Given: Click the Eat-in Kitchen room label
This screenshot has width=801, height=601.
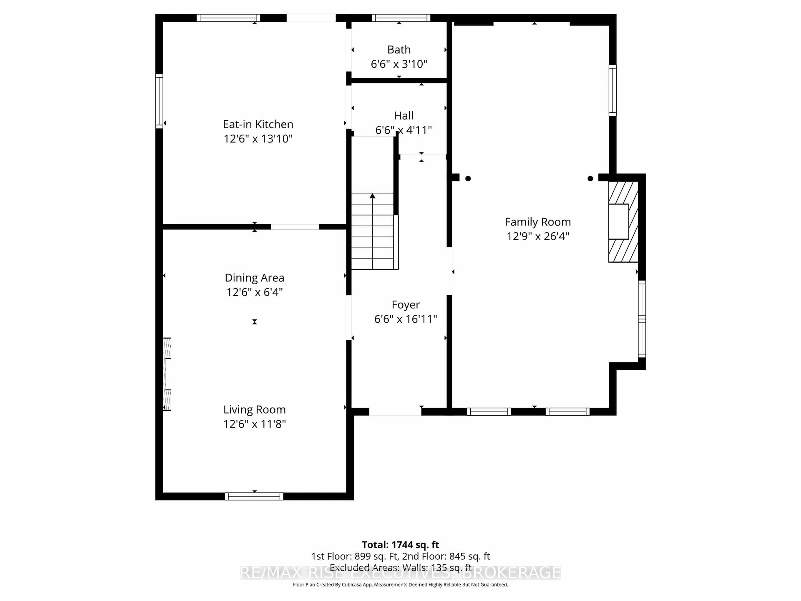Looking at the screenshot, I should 258,124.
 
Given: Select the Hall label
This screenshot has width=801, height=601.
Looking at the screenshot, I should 403,116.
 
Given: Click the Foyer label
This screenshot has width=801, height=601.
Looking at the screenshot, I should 406,305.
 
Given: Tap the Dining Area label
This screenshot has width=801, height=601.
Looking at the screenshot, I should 254,278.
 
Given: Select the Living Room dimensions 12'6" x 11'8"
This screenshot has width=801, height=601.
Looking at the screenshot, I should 254,424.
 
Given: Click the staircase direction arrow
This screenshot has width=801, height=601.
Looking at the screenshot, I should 372,196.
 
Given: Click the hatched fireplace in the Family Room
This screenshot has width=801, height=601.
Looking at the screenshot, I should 623,222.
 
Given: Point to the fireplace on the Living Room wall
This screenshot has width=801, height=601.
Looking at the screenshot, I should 167,374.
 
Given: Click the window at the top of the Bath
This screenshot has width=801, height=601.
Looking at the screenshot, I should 401,18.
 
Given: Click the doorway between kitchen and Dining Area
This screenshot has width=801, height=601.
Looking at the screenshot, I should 295,227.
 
